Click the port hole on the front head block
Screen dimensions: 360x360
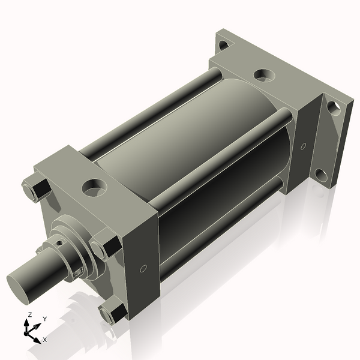tap(94, 188)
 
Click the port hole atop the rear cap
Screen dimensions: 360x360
tap(262, 75)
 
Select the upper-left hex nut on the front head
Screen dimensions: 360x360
tap(36, 189)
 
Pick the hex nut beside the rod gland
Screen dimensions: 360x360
tap(106, 248)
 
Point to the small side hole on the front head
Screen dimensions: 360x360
tap(142, 269)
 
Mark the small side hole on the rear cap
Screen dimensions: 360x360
tap(303, 146)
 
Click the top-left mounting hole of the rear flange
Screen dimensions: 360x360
tap(223, 44)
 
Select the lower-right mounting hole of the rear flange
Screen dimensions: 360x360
tap(320, 175)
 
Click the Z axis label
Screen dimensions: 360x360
tap(30, 314)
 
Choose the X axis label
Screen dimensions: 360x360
tap(44, 340)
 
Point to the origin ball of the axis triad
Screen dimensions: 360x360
tap(28, 331)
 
